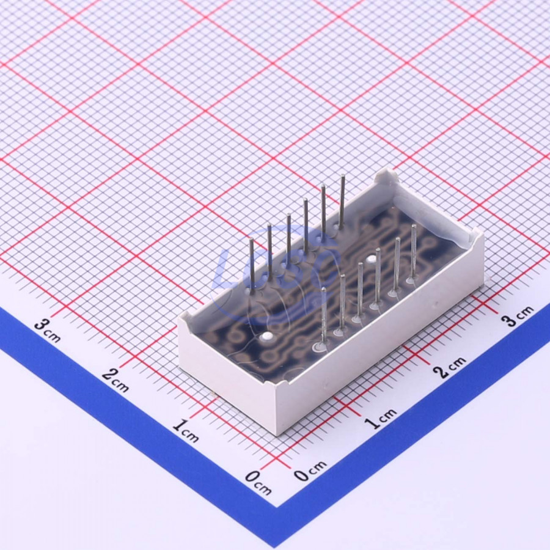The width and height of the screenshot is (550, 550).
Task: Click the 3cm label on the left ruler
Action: pos(47,331)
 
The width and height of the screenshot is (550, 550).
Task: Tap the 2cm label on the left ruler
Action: pos(116,380)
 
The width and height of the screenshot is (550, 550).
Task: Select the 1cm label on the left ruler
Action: pos(186,430)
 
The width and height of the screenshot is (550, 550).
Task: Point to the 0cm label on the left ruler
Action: pos(258,482)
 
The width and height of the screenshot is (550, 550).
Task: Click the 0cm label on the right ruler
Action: pos(310,471)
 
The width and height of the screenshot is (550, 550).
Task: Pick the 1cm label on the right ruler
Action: pos(380,419)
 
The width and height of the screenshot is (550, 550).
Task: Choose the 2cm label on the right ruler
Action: pos(449,367)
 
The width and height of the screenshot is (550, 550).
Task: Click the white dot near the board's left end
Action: pos(266,337)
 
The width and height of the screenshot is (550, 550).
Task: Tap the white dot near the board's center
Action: pos(371,260)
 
